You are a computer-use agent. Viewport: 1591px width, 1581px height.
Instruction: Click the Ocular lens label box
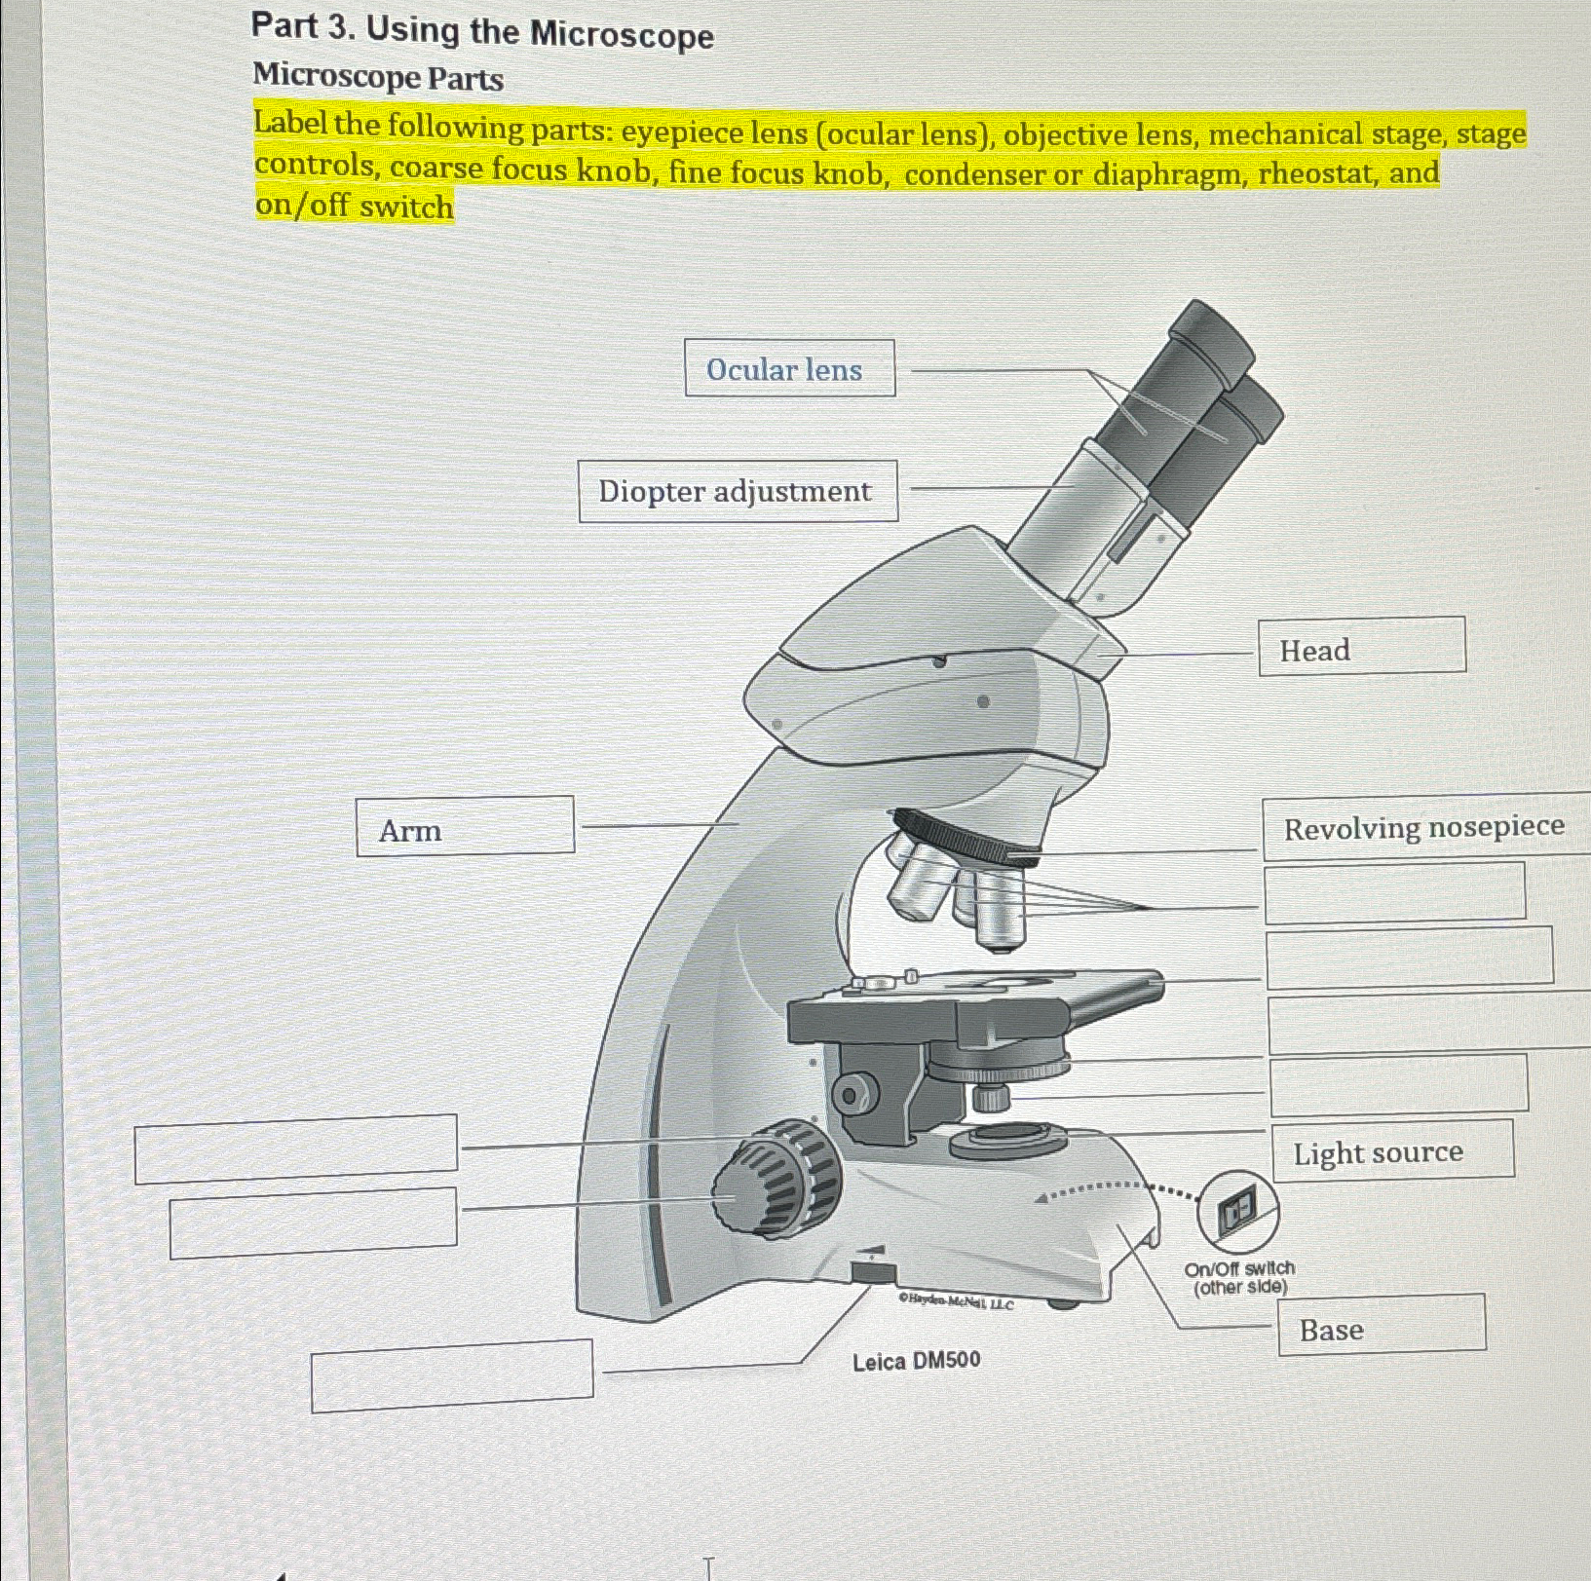click(789, 368)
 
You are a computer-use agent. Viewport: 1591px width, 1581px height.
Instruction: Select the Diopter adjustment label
click(738, 492)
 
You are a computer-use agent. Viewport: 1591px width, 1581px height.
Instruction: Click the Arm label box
click(465, 827)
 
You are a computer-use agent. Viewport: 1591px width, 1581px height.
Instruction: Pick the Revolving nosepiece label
click(1423, 829)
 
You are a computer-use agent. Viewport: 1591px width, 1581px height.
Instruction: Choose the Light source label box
click(1392, 1151)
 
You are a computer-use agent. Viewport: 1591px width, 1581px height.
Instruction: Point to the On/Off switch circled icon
click(1237, 1211)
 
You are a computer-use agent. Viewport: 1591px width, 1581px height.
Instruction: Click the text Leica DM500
click(916, 1361)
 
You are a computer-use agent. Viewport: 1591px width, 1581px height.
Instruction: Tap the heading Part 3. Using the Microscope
click(481, 31)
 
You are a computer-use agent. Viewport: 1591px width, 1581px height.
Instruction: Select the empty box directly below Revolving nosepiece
click(1394, 891)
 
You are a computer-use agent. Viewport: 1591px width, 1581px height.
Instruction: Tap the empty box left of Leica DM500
click(452, 1375)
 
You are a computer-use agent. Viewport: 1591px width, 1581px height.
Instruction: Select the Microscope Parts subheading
click(378, 77)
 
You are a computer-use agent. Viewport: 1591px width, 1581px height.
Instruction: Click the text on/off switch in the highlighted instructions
click(355, 207)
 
